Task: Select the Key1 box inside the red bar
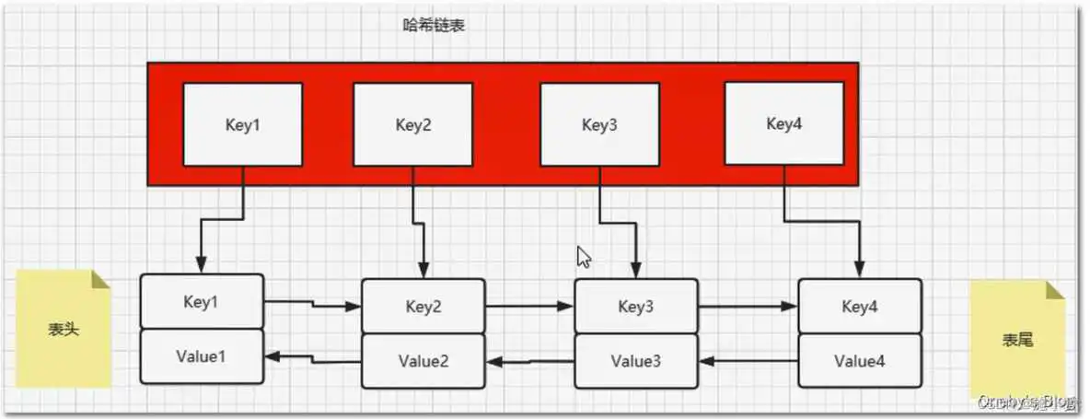(243, 124)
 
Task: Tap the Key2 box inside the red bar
(413, 124)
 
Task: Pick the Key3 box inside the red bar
(599, 124)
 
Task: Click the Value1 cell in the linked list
(202, 355)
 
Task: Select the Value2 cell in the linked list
(423, 360)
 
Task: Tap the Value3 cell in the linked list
(636, 360)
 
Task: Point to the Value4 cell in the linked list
(859, 360)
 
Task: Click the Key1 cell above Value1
(202, 301)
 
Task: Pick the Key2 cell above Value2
(423, 307)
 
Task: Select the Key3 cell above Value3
(636, 306)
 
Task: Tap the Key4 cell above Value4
(859, 306)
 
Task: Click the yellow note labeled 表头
(64, 329)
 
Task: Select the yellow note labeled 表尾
(1017, 339)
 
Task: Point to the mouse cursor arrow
(583, 257)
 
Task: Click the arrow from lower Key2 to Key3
(529, 306)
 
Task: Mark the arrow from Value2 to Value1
(313, 358)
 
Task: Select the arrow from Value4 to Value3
(748, 362)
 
